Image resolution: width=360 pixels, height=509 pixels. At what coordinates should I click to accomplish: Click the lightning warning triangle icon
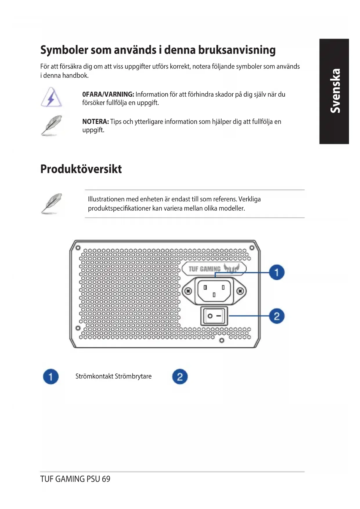coord(51,98)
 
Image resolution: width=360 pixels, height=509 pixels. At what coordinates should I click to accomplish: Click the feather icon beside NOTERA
coord(51,125)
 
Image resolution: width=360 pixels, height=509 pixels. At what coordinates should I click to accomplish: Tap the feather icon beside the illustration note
coord(51,203)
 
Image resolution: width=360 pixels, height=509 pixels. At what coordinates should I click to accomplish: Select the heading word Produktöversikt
coord(81,169)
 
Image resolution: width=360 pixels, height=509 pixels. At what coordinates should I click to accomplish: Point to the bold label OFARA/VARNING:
coord(108,95)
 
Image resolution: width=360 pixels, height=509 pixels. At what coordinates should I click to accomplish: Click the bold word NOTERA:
coord(95,122)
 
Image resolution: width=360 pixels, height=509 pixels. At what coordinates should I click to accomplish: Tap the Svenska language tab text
coord(335,91)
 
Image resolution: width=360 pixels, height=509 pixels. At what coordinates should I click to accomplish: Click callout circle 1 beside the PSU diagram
coord(276,272)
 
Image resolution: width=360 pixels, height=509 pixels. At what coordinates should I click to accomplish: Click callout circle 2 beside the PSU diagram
coord(276,316)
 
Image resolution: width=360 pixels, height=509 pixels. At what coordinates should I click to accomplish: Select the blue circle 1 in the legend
coord(51,377)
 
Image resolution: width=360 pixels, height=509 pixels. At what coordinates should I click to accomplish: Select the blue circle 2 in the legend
coord(180,377)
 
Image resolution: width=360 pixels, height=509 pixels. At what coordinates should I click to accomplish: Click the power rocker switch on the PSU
coord(214,316)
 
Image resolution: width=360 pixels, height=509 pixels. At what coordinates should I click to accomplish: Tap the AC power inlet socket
coord(214,291)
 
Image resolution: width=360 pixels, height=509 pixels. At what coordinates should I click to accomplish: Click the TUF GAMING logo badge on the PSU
coord(214,269)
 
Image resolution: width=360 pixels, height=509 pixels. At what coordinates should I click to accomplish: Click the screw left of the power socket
coord(188,291)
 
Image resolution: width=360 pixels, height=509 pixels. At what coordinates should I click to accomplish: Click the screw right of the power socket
coord(240,291)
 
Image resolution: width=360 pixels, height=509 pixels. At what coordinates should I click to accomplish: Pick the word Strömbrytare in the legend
coord(133,376)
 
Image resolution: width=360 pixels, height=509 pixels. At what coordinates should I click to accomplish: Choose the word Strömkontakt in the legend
coord(94,376)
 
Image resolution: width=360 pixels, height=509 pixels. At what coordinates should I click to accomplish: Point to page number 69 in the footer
coord(106,479)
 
